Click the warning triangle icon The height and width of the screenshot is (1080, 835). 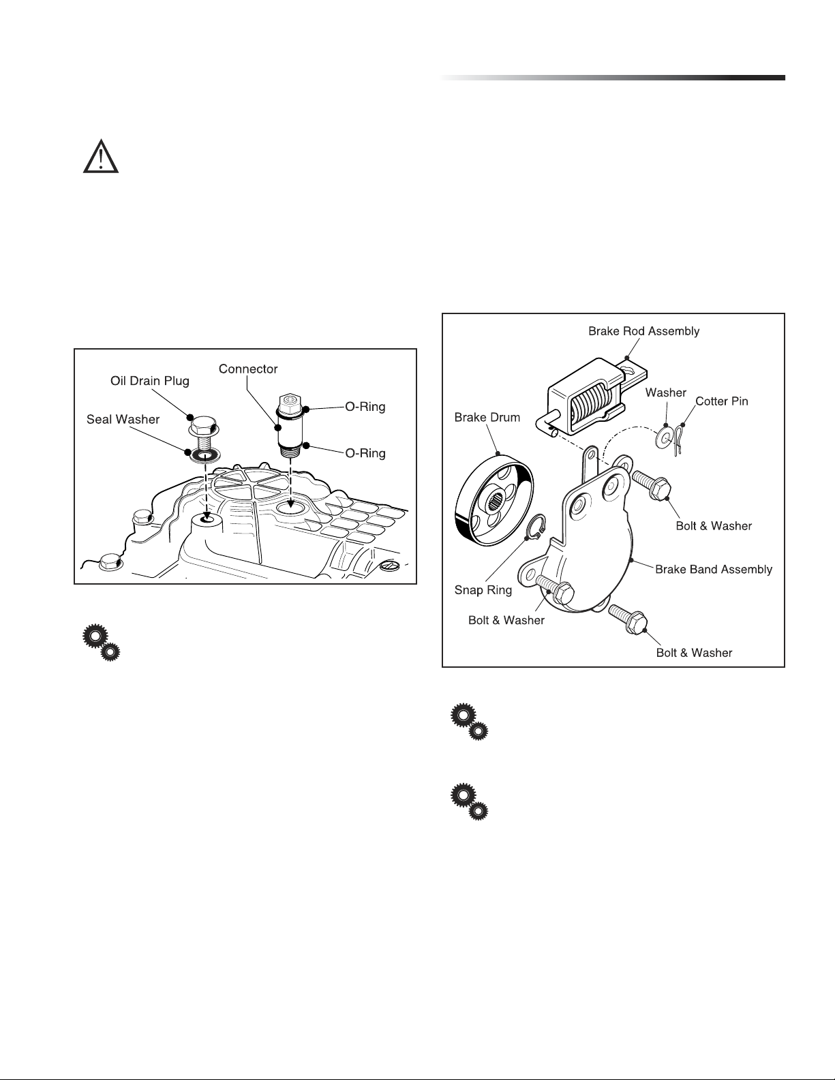(x=101, y=157)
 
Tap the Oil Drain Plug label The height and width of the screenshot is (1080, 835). (x=149, y=381)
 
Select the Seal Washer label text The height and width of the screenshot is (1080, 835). (x=123, y=420)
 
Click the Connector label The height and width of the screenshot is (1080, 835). (x=248, y=369)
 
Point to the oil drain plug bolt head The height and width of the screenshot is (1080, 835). (x=203, y=427)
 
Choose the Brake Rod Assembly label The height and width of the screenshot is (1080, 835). (x=643, y=332)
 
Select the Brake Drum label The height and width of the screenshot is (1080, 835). (x=487, y=418)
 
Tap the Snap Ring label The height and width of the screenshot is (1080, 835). (x=483, y=591)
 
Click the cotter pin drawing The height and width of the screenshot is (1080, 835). (x=676, y=439)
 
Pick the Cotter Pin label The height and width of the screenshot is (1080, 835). (x=721, y=401)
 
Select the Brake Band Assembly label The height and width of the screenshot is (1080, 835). (x=714, y=570)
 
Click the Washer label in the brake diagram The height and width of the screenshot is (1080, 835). (x=665, y=392)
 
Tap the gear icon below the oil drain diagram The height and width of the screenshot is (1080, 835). (x=102, y=642)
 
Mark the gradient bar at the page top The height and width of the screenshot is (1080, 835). (x=613, y=78)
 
